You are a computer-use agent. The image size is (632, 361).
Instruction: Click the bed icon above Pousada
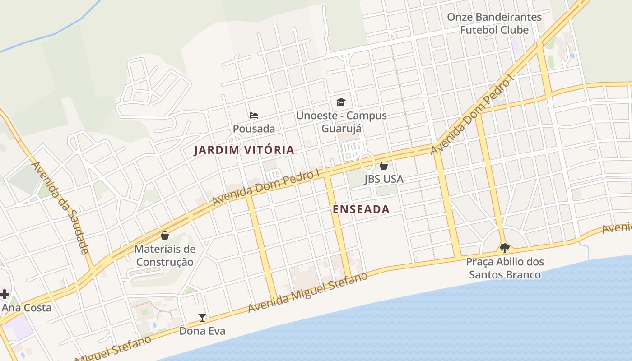254,116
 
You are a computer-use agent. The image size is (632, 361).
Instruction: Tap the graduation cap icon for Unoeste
341,102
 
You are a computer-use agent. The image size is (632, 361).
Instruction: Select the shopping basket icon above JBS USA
383,166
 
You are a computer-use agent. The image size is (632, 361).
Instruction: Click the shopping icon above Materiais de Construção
165,236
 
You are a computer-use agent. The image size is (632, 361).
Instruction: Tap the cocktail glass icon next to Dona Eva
202,318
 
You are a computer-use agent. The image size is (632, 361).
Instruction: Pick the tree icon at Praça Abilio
505,248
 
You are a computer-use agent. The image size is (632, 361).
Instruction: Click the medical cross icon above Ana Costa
5,295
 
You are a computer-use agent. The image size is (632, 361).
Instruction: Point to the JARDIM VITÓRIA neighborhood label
244,150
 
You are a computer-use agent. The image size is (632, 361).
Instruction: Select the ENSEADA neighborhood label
361,209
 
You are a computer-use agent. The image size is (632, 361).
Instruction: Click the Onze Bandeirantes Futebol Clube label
494,23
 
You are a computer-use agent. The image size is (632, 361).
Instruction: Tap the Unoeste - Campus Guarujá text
341,121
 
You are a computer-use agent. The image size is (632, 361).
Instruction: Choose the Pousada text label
254,129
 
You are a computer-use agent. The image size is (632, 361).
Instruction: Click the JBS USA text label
384,179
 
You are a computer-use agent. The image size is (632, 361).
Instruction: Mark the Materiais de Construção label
165,255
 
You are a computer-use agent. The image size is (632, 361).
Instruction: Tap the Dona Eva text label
202,331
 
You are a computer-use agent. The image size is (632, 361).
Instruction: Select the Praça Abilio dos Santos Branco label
505,268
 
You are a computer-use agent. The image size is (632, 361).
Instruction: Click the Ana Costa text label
27,308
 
